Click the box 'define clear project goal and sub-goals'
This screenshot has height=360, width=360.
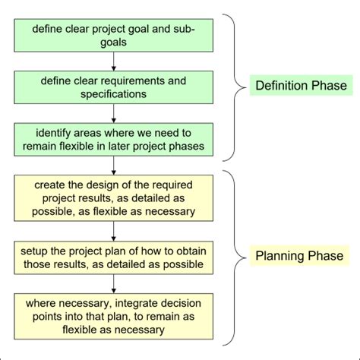coord(113,36)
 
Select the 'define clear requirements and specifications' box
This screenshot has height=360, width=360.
coord(113,87)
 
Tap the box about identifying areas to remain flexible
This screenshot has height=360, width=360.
coord(113,139)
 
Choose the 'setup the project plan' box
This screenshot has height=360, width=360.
coord(113,257)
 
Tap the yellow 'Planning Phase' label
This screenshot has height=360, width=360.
coord(297,256)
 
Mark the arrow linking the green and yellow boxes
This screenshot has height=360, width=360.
coord(113,165)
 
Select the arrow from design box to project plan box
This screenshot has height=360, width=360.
coord(113,232)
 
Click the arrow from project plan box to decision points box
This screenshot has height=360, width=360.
coord(113,284)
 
